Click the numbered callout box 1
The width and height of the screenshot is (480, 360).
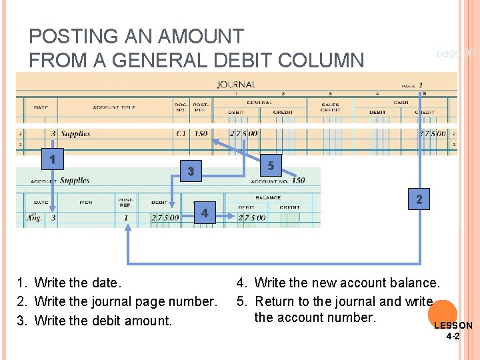51,160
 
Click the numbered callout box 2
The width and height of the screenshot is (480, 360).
419,199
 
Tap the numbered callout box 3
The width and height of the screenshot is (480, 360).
191,172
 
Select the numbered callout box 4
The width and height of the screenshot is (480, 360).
204,213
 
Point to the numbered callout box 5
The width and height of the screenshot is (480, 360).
270,165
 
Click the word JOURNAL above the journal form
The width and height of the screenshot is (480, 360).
235,85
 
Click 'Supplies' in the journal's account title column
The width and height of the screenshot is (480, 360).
75,134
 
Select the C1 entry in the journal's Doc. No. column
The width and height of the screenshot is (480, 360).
181,134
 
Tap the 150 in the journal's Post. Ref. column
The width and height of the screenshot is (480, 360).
201,134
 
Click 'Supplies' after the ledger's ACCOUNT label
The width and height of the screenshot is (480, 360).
75,180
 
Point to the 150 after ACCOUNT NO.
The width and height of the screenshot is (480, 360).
297,181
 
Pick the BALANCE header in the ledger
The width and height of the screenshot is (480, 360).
267,197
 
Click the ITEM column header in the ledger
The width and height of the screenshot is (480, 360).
85,203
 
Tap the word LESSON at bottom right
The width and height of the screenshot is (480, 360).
453,325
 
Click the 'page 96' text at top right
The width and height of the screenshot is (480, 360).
455,53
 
